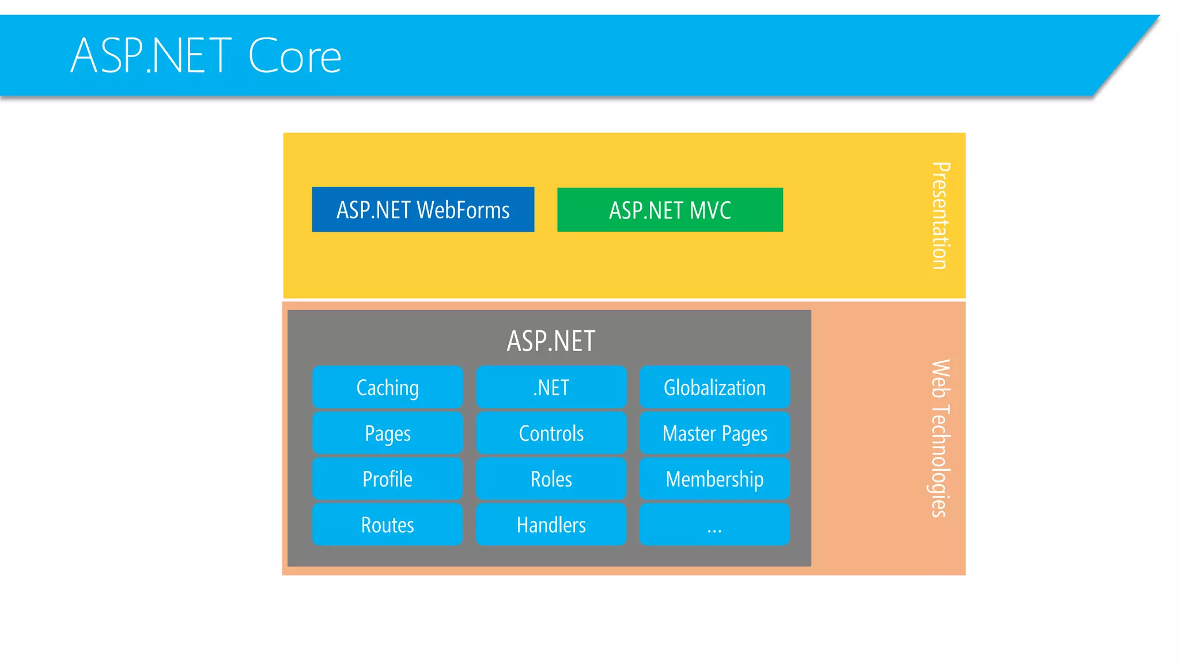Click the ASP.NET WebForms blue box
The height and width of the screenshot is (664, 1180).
pos(422,209)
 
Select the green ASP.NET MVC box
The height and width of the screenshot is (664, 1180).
pos(670,210)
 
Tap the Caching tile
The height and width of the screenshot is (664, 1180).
pos(387,387)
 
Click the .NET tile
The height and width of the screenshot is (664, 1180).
pos(551,387)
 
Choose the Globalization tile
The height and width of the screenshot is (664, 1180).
pos(714,387)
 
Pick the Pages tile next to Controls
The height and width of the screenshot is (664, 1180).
pos(387,433)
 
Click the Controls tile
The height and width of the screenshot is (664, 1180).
pos(551,433)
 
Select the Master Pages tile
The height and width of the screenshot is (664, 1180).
pos(714,433)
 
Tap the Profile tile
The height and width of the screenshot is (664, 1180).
pos(387,479)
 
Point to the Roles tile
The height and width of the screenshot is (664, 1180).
pos(551,479)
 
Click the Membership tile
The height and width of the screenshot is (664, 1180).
pos(714,479)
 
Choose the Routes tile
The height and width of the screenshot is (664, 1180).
pos(387,525)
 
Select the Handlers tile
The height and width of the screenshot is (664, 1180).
pos(551,525)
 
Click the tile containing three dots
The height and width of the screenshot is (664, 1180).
pos(714,525)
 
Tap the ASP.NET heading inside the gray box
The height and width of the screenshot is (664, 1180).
pos(551,341)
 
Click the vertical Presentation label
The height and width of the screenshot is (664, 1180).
pos(940,215)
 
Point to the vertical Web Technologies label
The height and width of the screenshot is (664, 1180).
pos(940,438)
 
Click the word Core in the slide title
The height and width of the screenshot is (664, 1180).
pos(294,56)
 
